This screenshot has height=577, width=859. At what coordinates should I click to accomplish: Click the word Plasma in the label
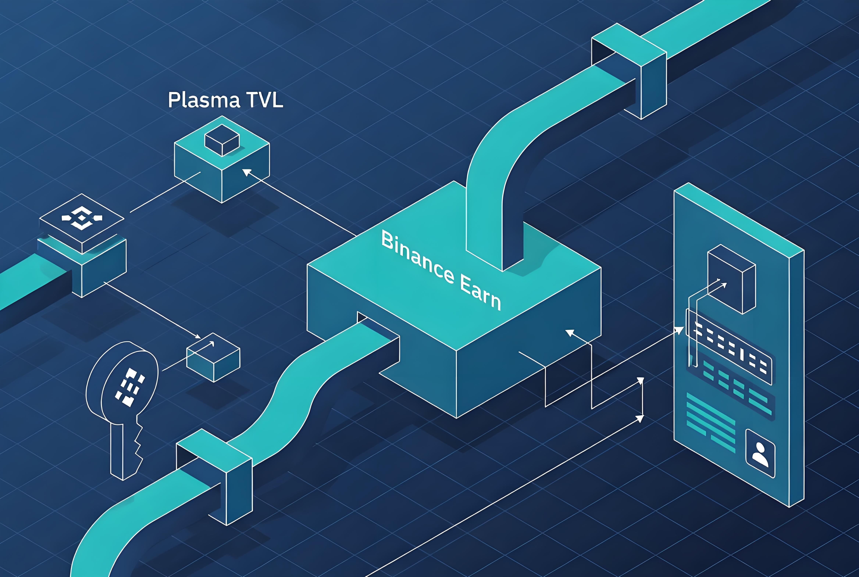203,100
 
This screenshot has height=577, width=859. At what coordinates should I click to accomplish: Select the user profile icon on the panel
760,453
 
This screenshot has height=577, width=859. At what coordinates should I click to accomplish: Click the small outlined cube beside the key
213,357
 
